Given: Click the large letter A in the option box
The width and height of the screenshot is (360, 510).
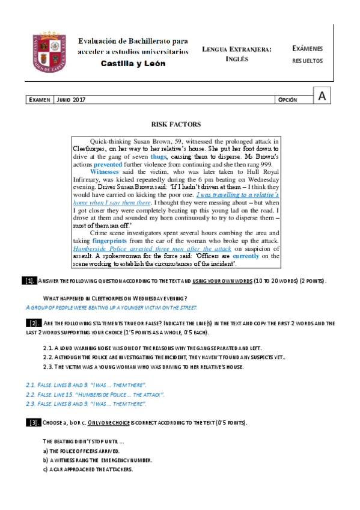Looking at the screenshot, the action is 323,96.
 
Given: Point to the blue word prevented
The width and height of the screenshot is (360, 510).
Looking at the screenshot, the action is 108,164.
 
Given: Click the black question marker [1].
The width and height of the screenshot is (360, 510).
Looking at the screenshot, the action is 29,281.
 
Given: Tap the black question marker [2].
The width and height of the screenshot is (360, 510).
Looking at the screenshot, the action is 34,324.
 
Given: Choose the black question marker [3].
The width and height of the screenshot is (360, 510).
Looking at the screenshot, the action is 34,423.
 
